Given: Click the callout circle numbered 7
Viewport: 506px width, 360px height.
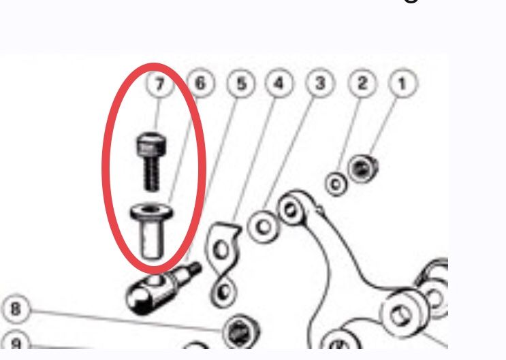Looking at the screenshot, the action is tap(160, 84).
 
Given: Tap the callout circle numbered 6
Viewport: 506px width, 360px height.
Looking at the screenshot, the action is tap(200, 83).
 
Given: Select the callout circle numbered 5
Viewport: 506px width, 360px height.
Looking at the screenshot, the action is tap(240, 84).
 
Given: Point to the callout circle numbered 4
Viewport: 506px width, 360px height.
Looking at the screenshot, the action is tap(279, 83).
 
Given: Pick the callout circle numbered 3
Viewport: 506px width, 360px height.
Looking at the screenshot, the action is tap(320, 83).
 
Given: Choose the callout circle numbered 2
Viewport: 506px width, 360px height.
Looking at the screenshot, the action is tap(362, 83).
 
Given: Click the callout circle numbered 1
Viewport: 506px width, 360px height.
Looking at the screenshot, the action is tap(402, 84).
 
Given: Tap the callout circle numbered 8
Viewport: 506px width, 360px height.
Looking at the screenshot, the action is tap(16, 309).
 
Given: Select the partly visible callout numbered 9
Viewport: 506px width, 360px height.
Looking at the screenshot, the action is tap(16, 341).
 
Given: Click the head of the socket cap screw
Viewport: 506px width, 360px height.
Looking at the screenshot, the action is tap(151, 145).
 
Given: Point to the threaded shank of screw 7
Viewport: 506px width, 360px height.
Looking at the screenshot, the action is tap(151, 174).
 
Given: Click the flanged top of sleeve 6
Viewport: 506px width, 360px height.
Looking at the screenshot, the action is tap(151, 212).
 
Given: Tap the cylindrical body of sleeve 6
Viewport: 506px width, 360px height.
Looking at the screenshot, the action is tap(152, 239).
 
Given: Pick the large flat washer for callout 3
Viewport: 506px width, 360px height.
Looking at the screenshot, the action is tap(264, 227).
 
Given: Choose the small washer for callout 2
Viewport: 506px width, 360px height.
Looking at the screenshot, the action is tap(336, 184).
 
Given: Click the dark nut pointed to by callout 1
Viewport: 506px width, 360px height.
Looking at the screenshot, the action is tap(363, 168).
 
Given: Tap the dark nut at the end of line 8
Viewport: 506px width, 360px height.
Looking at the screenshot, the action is tap(241, 331).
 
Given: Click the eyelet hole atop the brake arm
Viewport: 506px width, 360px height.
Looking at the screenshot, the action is tap(290, 210).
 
